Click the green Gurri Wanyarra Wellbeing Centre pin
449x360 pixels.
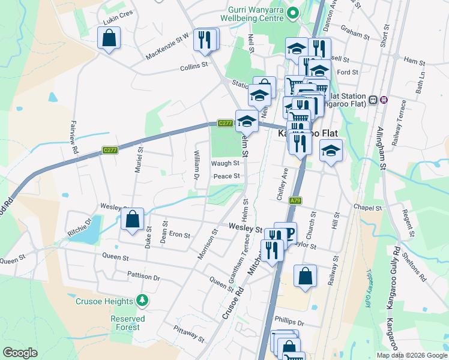pos(293,13)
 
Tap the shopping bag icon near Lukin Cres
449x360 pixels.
pos(109,38)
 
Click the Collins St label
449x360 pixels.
pos(194,67)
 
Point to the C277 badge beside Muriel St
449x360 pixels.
pos(109,150)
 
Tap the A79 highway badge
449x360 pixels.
pos(294,200)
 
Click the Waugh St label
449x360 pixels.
pos(225,163)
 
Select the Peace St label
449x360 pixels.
pos(227,176)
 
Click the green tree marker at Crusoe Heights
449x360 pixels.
pos(142,299)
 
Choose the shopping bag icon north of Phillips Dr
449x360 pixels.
pos(305,277)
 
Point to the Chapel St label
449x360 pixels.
pos(367,208)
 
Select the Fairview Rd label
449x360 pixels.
pos(76,143)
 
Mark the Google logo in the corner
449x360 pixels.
pos(20,353)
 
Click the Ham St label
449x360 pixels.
pos(414,61)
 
